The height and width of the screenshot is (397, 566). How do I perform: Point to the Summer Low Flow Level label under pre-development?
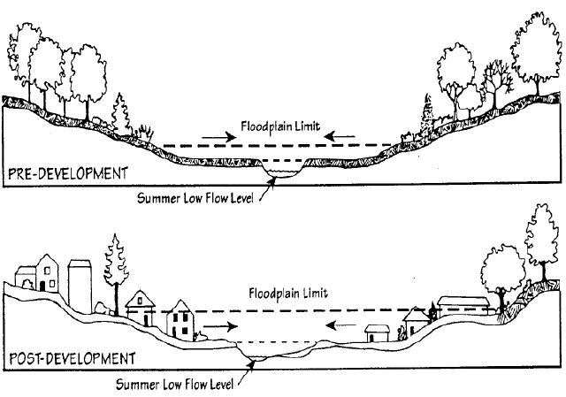[197, 195]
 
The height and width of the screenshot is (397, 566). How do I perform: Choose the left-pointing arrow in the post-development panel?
[342, 324]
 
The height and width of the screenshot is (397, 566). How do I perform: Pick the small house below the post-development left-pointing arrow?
[379, 333]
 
